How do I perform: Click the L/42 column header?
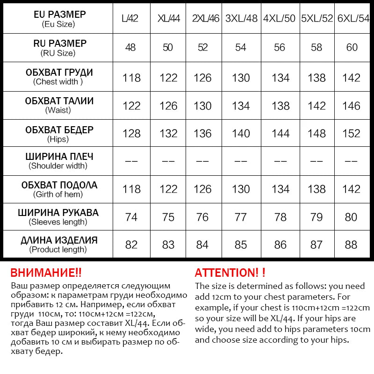click(x=131, y=19)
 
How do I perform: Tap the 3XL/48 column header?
click(x=241, y=19)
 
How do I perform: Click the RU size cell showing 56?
click(x=280, y=47)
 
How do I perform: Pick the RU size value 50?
click(x=168, y=47)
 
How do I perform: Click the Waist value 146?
click(x=352, y=106)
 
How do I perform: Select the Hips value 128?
click(x=131, y=134)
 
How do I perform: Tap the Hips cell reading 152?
click(x=352, y=134)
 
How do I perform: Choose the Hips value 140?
click(x=241, y=134)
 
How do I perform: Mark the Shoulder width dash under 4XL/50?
click(x=280, y=161)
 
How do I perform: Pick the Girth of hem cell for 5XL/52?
click(x=316, y=189)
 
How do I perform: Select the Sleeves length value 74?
click(x=131, y=217)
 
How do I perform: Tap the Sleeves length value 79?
click(x=316, y=217)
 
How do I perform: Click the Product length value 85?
click(x=241, y=245)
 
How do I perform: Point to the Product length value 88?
click(x=352, y=245)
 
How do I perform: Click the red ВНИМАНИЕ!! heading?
click(x=46, y=273)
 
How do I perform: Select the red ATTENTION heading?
click(x=230, y=273)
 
